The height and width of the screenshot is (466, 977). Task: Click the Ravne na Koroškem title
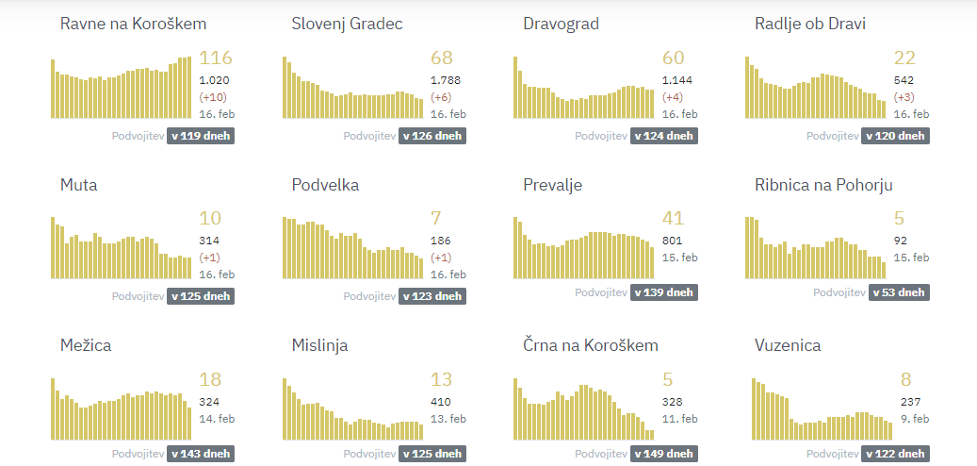[x=133, y=24]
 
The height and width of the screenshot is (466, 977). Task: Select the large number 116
[x=216, y=58]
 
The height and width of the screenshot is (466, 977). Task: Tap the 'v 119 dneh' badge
[x=199, y=136]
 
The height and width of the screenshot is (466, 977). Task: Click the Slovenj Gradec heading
[x=347, y=24]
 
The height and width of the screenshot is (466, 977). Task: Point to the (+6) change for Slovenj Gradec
[x=441, y=97]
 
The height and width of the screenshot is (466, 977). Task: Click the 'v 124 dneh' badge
[x=663, y=136]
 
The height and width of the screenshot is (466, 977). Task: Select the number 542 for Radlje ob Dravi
[x=904, y=80]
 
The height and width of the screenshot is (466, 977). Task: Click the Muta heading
[x=78, y=185]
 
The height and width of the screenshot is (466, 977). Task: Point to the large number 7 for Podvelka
[x=436, y=219]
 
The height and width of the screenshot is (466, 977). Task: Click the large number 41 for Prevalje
[x=673, y=219]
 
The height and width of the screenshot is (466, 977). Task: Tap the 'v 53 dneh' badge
[x=898, y=292]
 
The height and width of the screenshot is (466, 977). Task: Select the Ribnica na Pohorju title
[x=823, y=185]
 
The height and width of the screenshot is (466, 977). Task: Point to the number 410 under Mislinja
[x=441, y=402]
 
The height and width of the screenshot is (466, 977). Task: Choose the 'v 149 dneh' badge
[x=663, y=454]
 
